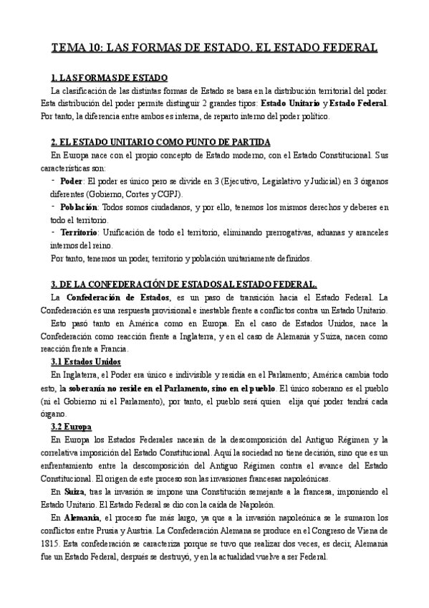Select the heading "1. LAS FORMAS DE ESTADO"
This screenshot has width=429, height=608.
(109, 77)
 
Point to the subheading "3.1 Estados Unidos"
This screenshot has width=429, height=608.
(86, 361)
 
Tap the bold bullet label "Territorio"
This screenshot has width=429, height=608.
(79, 232)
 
